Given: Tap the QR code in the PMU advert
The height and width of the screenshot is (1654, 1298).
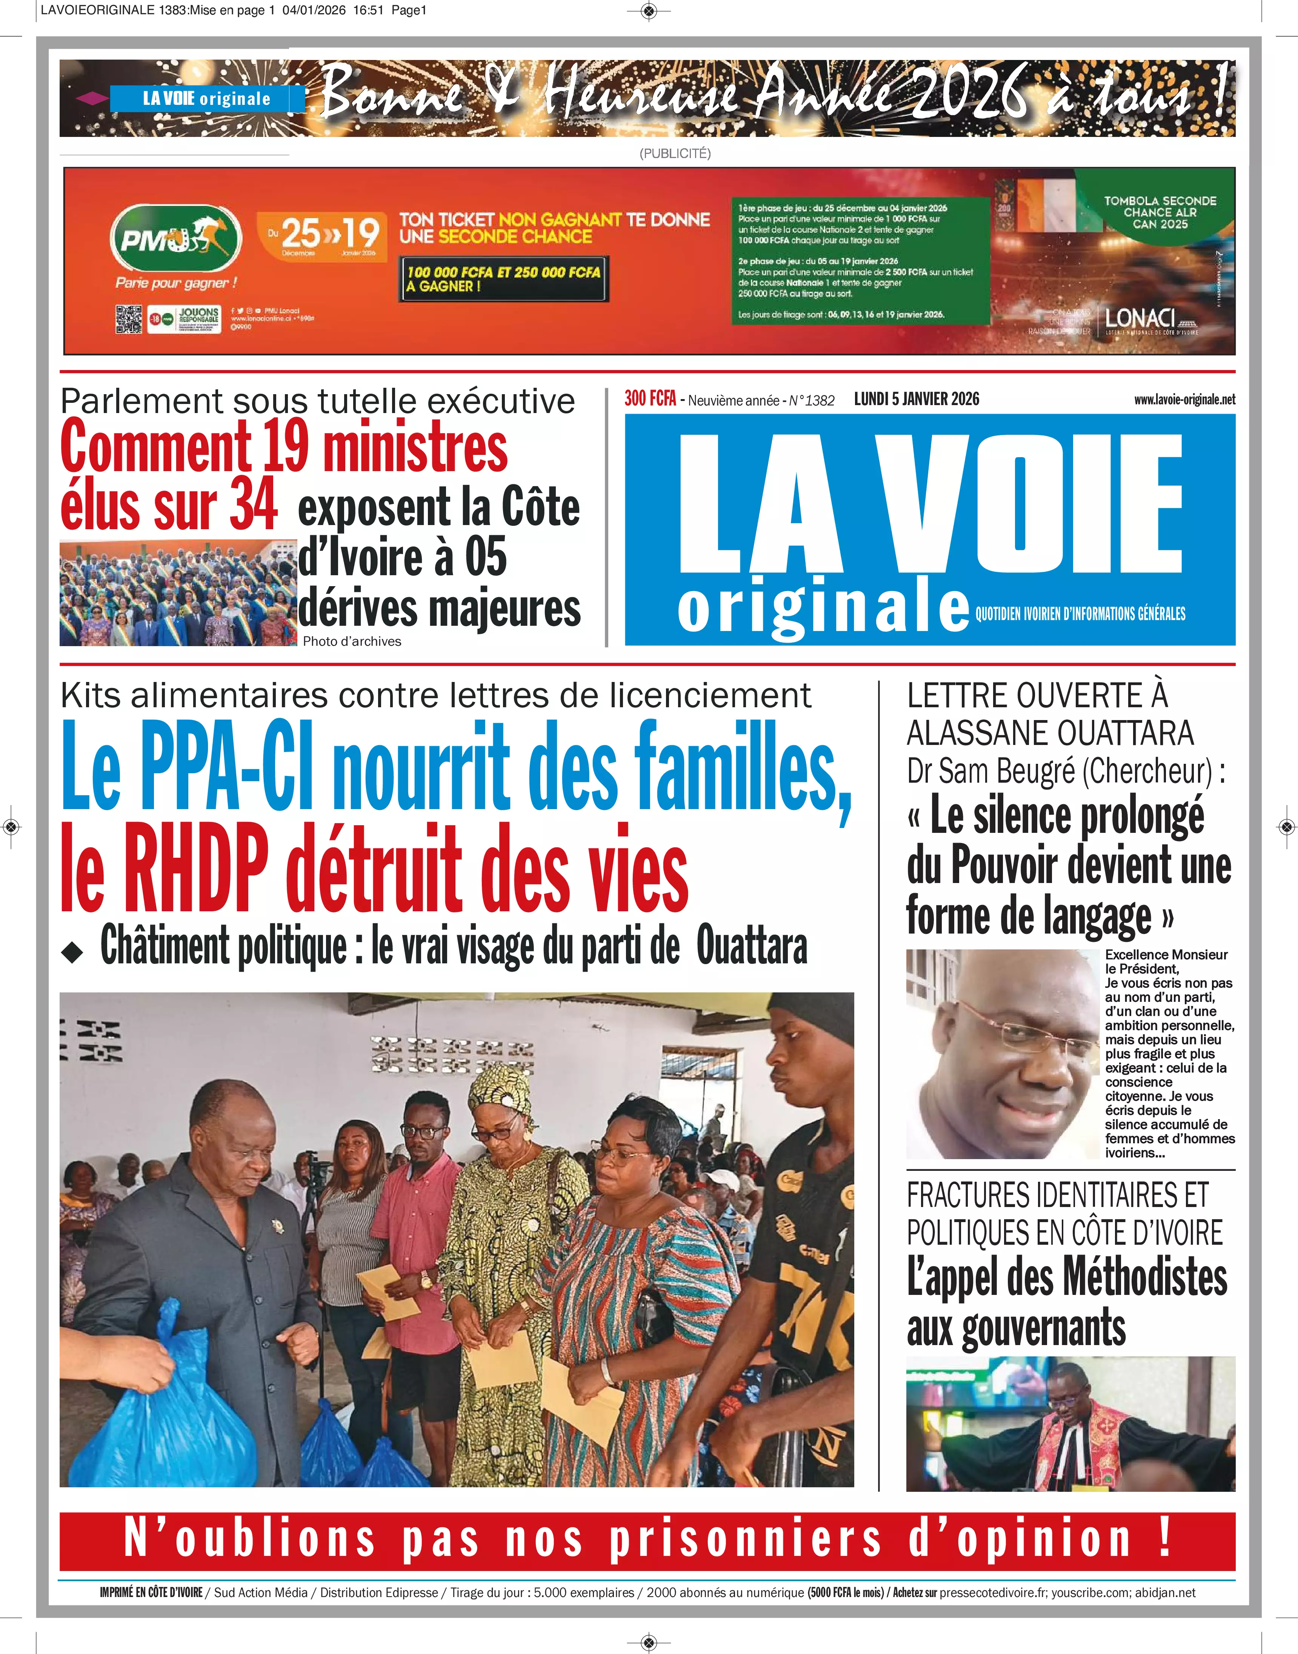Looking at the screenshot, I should pos(128,319).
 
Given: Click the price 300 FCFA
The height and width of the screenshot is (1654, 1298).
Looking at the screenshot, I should pos(650,399).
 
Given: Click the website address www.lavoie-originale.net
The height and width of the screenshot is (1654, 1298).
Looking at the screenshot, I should pos(1184,399).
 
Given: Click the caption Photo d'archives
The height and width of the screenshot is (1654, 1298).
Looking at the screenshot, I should pos(352,641).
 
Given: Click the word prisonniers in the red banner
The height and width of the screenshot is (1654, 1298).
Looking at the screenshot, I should pos(745,1540).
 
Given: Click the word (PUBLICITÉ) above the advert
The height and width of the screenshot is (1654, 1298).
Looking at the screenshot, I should pos(675,154).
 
